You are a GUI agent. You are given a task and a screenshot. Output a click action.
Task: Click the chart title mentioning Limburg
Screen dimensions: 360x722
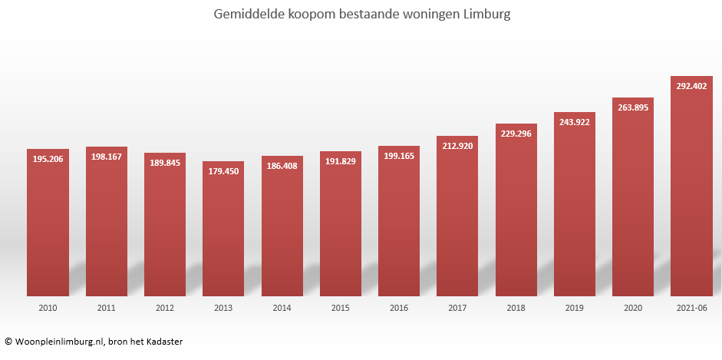tap(360, 14)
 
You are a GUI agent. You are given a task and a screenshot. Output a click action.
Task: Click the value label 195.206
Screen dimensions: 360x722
tap(48, 159)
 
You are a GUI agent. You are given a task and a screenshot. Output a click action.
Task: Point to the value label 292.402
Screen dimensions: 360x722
tap(691, 87)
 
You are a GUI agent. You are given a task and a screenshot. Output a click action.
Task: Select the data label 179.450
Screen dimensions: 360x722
tap(223, 171)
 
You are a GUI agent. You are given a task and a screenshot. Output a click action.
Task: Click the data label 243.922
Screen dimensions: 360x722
tap(575, 122)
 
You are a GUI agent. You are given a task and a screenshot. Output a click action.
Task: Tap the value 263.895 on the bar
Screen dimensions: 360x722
tap(633, 107)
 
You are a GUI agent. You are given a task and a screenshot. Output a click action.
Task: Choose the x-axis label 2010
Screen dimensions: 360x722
tap(48, 308)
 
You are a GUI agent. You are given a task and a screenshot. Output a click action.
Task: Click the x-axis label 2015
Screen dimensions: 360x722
tap(341, 308)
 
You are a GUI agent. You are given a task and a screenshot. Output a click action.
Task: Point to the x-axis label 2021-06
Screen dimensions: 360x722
tap(691, 308)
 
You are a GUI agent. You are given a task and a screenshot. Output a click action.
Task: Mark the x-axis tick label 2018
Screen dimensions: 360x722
tap(516, 308)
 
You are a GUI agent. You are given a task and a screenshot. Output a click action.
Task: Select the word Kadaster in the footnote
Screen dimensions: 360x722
tap(163, 342)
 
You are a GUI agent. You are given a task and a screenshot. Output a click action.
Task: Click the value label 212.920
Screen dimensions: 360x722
tap(457, 146)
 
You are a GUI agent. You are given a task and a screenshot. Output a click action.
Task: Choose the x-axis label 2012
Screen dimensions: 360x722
tap(165, 308)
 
